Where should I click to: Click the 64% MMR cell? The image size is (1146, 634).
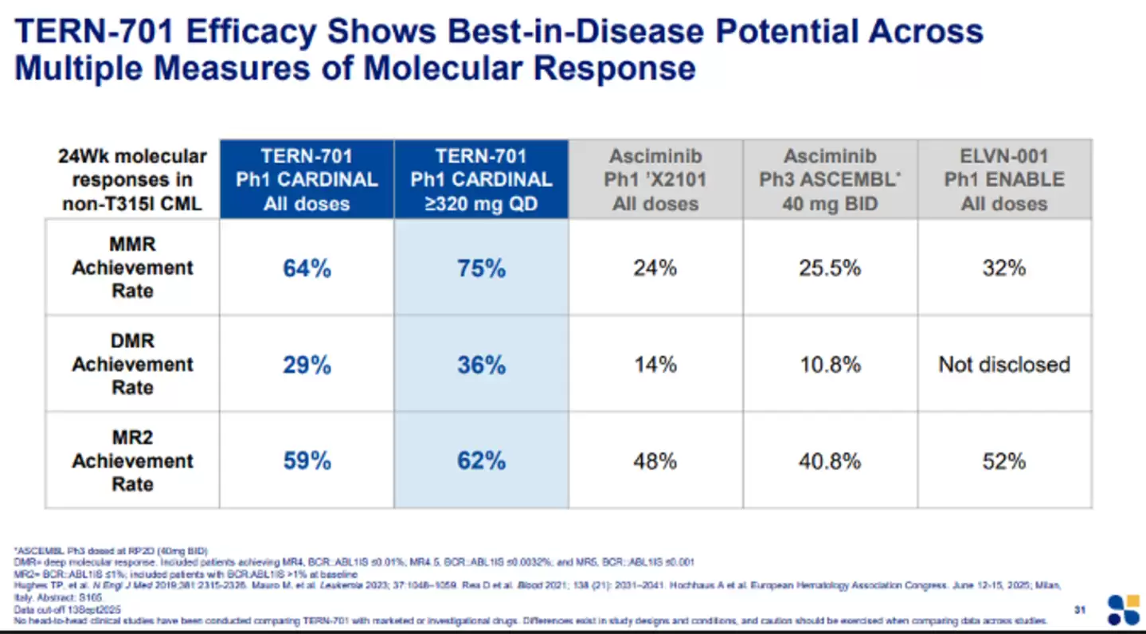click(307, 268)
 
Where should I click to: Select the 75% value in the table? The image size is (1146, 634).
click(481, 268)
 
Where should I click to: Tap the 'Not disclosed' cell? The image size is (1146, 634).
click(1004, 365)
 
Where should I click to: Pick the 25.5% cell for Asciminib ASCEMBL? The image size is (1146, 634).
click(830, 268)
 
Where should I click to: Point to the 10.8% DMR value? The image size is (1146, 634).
click(830, 365)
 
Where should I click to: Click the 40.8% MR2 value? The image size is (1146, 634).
click(830, 461)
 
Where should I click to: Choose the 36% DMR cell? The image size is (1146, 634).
click(481, 365)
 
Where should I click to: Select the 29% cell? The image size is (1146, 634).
click(307, 365)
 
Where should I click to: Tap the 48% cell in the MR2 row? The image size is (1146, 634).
click(655, 461)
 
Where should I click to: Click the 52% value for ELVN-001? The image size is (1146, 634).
click(1004, 461)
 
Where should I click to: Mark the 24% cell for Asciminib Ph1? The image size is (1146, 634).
click(655, 268)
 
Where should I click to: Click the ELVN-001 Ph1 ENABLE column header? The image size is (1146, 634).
click(1004, 179)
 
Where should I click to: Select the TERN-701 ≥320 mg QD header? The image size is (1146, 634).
click(481, 179)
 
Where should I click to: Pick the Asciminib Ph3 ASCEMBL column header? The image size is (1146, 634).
click(830, 179)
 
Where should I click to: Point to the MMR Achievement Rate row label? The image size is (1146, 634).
click(132, 268)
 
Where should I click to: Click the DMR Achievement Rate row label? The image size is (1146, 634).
click(132, 364)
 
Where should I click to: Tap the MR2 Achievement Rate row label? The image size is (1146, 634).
click(132, 461)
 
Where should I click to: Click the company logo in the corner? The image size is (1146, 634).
click(1123, 610)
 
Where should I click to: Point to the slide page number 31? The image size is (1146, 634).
click(1080, 609)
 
